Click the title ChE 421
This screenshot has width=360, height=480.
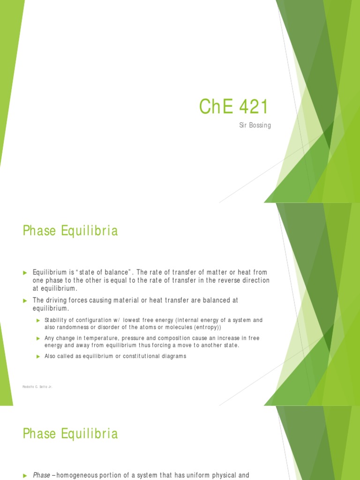click(x=233, y=107)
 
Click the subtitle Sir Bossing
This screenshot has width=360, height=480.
click(x=255, y=126)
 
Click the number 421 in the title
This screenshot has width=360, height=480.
click(x=253, y=107)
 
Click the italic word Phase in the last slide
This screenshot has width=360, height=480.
click(x=42, y=475)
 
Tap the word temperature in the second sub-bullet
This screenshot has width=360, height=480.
click(x=101, y=338)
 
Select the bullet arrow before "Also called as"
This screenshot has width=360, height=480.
click(x=38, y=356)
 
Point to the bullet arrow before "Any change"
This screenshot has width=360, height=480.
click(x=38, y=338)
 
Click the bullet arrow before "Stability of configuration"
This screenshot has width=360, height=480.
click(x=38, y=320)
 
